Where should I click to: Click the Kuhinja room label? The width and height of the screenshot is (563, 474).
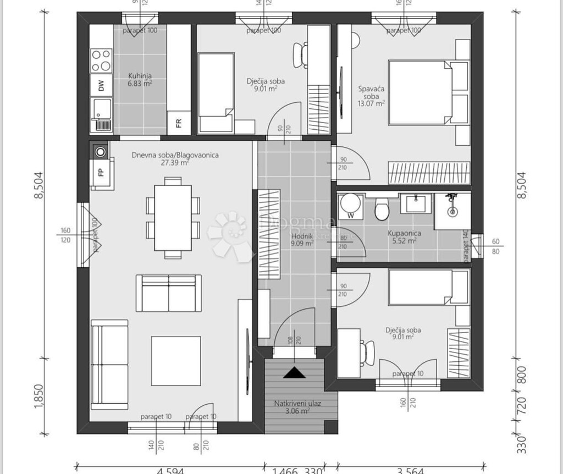click(x=140, y=80)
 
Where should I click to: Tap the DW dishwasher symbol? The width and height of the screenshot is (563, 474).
click(x=101, y=86)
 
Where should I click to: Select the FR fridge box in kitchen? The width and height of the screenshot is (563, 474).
click(x=179, y=122)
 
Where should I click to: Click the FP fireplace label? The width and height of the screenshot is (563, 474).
click(x=101, y=172)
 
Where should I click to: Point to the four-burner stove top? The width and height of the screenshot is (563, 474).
click(x=101, y=60)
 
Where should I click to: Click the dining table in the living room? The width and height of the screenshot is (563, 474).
click(x=173, y=217)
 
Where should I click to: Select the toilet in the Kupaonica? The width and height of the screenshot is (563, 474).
click(x=380, y=210)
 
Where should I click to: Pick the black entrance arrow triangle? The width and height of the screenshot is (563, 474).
click(x=293, y=372)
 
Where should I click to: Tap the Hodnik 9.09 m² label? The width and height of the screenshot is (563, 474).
click(x=302, y=239)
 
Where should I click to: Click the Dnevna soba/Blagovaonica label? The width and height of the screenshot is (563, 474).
click(x=175, y=159)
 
